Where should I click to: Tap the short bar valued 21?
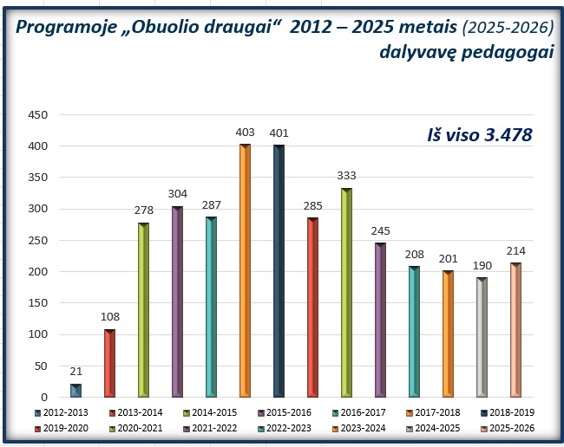(x=75, y=391)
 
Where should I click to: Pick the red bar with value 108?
(x=109, y=363)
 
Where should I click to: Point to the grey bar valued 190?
(x=482, y=337)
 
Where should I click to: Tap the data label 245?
(x=380, y=232)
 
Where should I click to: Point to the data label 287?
(x=211, y=206)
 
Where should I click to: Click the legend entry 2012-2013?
(x=65, y=412)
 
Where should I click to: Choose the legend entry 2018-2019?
(x=509, y=412)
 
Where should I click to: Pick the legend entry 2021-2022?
(x=213, y=427)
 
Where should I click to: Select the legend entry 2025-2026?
(x=509, y=427)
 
